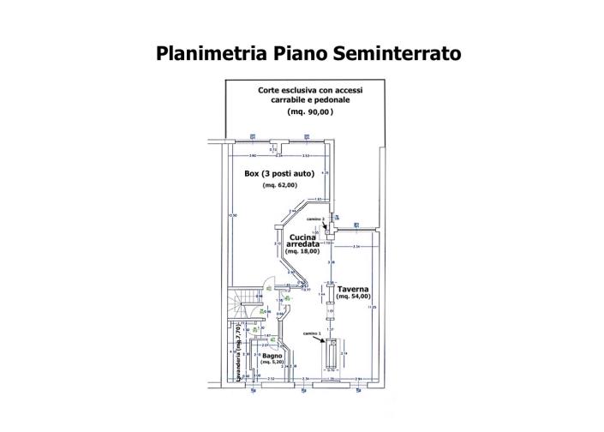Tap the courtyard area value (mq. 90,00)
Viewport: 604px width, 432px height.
[309, 112]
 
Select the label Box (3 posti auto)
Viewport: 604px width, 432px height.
[279, 173]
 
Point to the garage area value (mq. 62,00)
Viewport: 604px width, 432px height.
[279, 185]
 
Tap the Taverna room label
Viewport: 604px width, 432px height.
[353, 289]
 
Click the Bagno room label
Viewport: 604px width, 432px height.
[272, 354]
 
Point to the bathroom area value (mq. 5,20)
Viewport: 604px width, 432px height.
[272, 363]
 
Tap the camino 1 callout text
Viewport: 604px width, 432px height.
[311, 333]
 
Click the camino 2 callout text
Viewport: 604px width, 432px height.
[316, 219]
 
